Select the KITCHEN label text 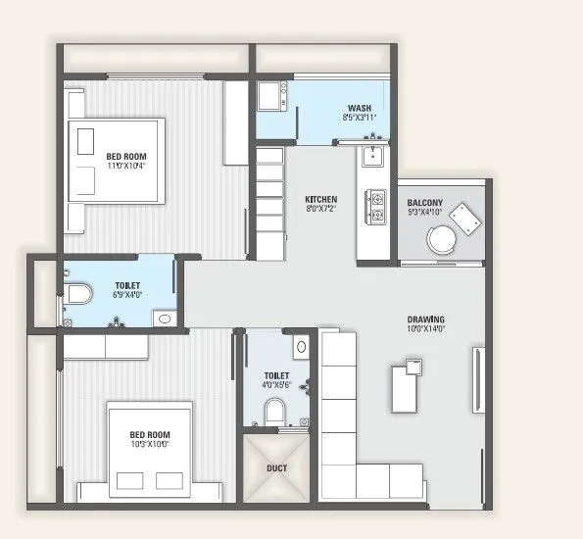[x=320, y=198]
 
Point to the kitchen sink [x=372, y=157]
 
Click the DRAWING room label [x=426, y=319]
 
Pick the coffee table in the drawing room [x=405, y=385]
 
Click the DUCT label [x=277, y=468]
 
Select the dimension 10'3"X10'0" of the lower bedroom [x=150, y=444]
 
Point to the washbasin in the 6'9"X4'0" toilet [x=165, y=318]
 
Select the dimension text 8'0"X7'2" [x=320, y=209]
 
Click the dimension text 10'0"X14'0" [x=426, y=330]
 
